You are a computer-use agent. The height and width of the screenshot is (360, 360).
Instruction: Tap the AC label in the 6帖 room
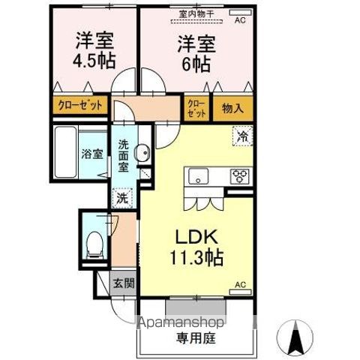pos(240,20)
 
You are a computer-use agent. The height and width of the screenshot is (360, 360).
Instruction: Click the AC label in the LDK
pos(241,285)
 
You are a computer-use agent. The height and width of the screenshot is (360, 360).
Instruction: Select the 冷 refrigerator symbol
pos(242,136)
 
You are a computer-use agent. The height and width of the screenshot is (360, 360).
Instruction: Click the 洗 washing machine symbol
pos(122,199)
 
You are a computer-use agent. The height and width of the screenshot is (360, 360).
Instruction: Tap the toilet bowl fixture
pos(94,241)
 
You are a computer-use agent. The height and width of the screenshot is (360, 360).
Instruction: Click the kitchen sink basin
pos(199,177)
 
